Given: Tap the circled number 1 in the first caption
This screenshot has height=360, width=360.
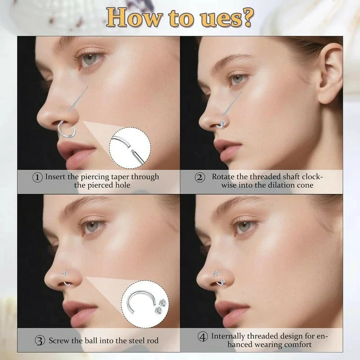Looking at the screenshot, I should (38, 177).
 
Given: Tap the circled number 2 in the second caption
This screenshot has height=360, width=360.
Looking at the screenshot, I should (200, 177).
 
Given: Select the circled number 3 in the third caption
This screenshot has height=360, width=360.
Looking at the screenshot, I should (40, 340).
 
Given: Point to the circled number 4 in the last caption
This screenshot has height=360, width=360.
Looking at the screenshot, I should (203, 336).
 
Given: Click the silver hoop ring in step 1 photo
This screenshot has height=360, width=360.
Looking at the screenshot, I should (67, 130).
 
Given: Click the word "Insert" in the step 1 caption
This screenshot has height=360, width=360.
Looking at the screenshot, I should (57, 177).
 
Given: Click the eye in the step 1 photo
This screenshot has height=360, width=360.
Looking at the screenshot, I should (90, 60).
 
